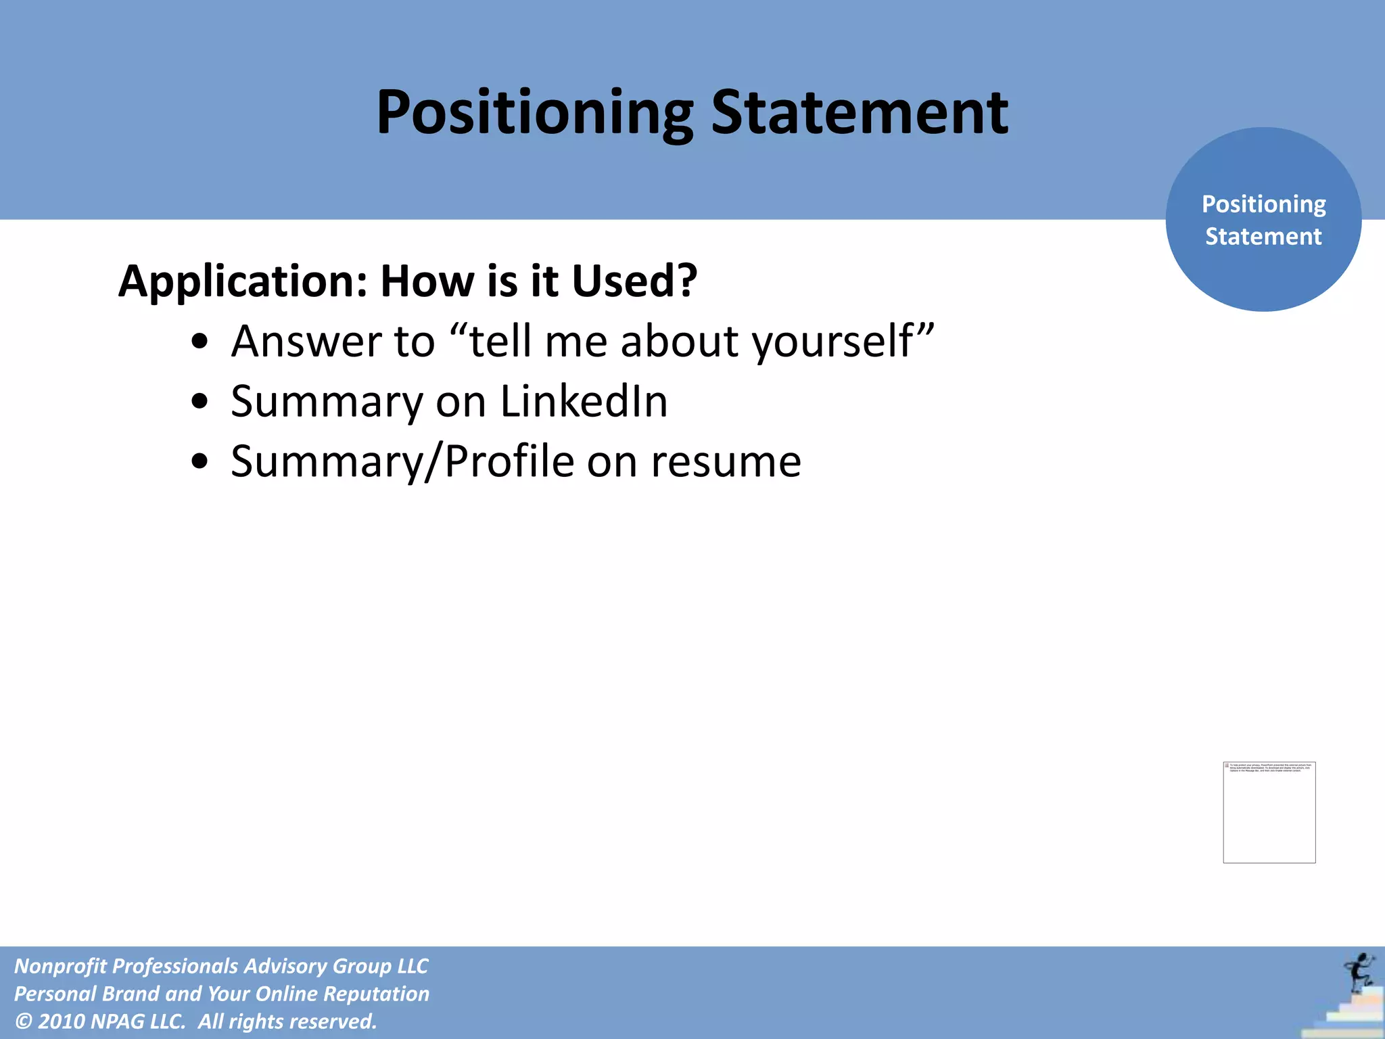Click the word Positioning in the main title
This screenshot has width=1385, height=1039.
534,113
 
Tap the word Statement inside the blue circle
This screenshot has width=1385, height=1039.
1263,237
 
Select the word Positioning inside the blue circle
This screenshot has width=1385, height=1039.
1263,204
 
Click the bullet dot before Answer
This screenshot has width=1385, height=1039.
199,342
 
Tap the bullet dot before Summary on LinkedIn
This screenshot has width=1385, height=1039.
199,402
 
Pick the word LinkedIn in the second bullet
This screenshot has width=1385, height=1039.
584,401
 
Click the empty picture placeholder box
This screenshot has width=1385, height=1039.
1269,812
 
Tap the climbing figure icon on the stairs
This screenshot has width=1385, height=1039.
1357,973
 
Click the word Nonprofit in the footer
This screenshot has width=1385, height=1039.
60,966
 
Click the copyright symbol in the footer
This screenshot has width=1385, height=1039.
24,1021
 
